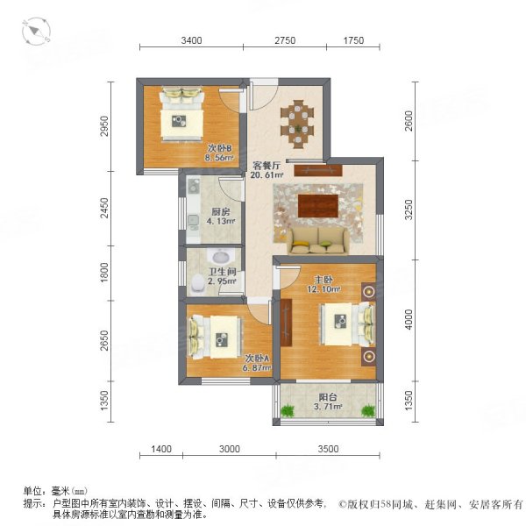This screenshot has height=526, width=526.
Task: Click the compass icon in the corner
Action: pos(36,32)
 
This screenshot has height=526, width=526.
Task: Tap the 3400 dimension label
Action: pos(191,40)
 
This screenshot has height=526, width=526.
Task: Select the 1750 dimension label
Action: pos(353,40)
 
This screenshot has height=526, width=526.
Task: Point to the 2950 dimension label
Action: pos(105,126)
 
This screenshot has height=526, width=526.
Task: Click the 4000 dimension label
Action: pos(409,319)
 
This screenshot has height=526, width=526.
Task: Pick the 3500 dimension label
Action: pos(328,449)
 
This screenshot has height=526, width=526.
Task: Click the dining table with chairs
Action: pos(298,124)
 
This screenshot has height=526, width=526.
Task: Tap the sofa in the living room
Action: pos(317,240)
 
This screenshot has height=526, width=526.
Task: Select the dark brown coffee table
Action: pos(318,206)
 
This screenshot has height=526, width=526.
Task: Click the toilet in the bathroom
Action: pos(197,284)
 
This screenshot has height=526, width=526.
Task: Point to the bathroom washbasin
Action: pos(220,257)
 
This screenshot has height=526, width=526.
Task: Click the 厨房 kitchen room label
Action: pos(221,212)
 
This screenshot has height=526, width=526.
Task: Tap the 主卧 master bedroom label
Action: pos(323,280)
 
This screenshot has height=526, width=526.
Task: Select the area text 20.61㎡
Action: pos(267,174)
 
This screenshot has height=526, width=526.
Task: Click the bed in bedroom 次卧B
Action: pos(182,114)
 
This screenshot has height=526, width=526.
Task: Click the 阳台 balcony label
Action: pos(328,397)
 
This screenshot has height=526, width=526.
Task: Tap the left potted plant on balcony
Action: pos(288,410)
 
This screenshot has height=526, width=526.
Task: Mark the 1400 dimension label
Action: pos(161,449)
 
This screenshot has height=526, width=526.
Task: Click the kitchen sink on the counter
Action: pos(193,221)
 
